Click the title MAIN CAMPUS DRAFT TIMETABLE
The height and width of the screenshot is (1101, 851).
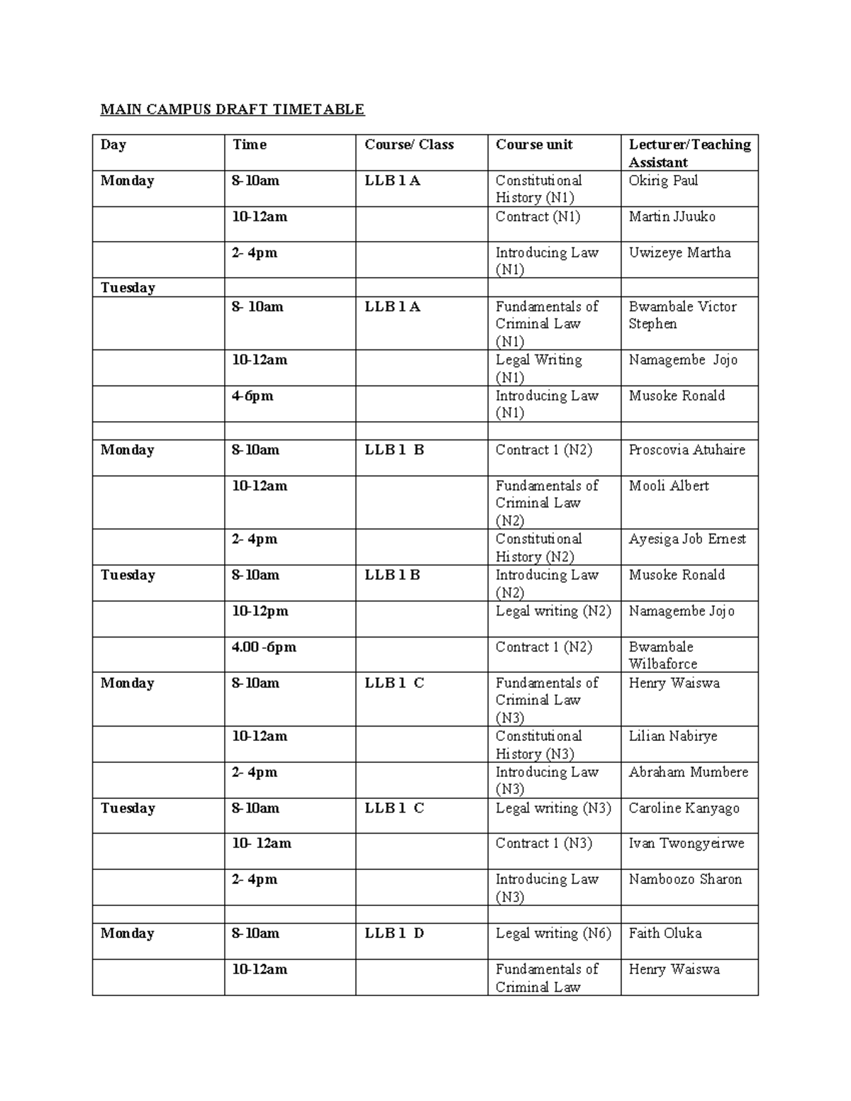coord(232,109)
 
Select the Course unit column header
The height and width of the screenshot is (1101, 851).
coord(534,145)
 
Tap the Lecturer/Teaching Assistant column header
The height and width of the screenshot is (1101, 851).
coord(689,153)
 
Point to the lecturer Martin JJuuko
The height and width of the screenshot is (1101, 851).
coord(672,217)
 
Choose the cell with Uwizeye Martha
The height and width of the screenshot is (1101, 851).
coord(679,253)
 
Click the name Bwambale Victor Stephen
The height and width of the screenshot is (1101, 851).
coord(682,315)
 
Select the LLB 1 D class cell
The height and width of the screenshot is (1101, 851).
coord(394,933)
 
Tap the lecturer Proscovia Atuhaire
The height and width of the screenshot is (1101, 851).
coord(686,450)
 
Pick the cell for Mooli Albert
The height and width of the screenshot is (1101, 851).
coord(669,486)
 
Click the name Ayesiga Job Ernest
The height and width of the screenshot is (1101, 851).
coord(686,539)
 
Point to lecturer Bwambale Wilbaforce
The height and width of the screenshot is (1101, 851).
coord(663,655)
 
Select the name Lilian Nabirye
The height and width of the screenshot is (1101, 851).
coord(673,736)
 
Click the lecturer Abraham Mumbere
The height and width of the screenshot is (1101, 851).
coord(688,772)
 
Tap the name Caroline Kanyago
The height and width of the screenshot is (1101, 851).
coord(684,808)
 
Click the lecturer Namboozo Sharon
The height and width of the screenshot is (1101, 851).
coord(685,879)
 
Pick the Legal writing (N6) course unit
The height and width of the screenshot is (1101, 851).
coord(553,933)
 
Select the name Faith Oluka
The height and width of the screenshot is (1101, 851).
coord(665,933)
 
